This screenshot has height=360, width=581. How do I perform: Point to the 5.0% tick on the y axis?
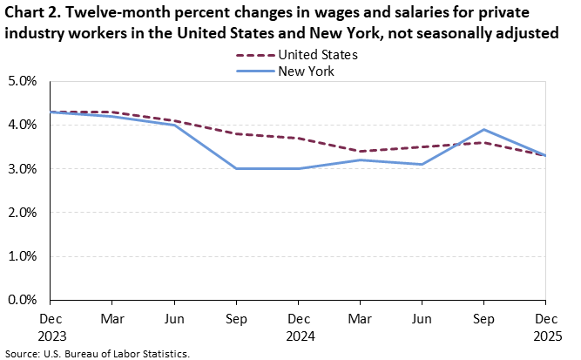tap(23, 81)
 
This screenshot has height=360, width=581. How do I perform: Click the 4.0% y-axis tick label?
tap(23, 125)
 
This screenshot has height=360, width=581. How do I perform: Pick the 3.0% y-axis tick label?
tap(23, 168)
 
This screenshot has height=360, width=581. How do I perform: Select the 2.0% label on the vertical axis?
tap(23, 212)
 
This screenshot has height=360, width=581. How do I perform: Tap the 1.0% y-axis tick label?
tap(23, 255)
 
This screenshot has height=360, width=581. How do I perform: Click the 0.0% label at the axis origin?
tap(23, 299)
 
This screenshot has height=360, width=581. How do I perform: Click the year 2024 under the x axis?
tap(299, 334)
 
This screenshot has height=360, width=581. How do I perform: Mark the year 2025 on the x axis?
tap(546, 334)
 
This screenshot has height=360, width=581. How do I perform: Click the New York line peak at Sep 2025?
tap(484, 130)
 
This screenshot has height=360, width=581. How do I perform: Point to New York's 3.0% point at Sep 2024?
tap(237, 168)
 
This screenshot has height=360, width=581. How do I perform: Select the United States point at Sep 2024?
tap(237, 133)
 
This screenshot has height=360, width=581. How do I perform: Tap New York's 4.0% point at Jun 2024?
tap(175, 125)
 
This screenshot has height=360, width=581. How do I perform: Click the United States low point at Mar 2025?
tap(361, 151)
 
